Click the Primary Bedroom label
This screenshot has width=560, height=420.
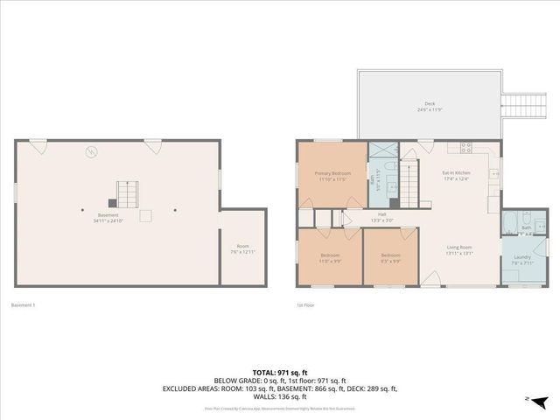333,173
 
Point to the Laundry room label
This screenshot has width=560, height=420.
522,257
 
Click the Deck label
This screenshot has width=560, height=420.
429,106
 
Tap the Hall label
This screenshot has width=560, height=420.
382,213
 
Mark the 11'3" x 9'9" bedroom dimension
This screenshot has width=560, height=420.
330,261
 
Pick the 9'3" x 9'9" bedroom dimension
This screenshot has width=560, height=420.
390,261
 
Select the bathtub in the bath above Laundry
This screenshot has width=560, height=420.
510,220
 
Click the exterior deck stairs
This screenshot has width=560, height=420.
519,106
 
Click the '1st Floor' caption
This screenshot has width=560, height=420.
304,305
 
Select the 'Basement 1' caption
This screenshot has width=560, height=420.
22,305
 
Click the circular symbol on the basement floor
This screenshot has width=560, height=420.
90,152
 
